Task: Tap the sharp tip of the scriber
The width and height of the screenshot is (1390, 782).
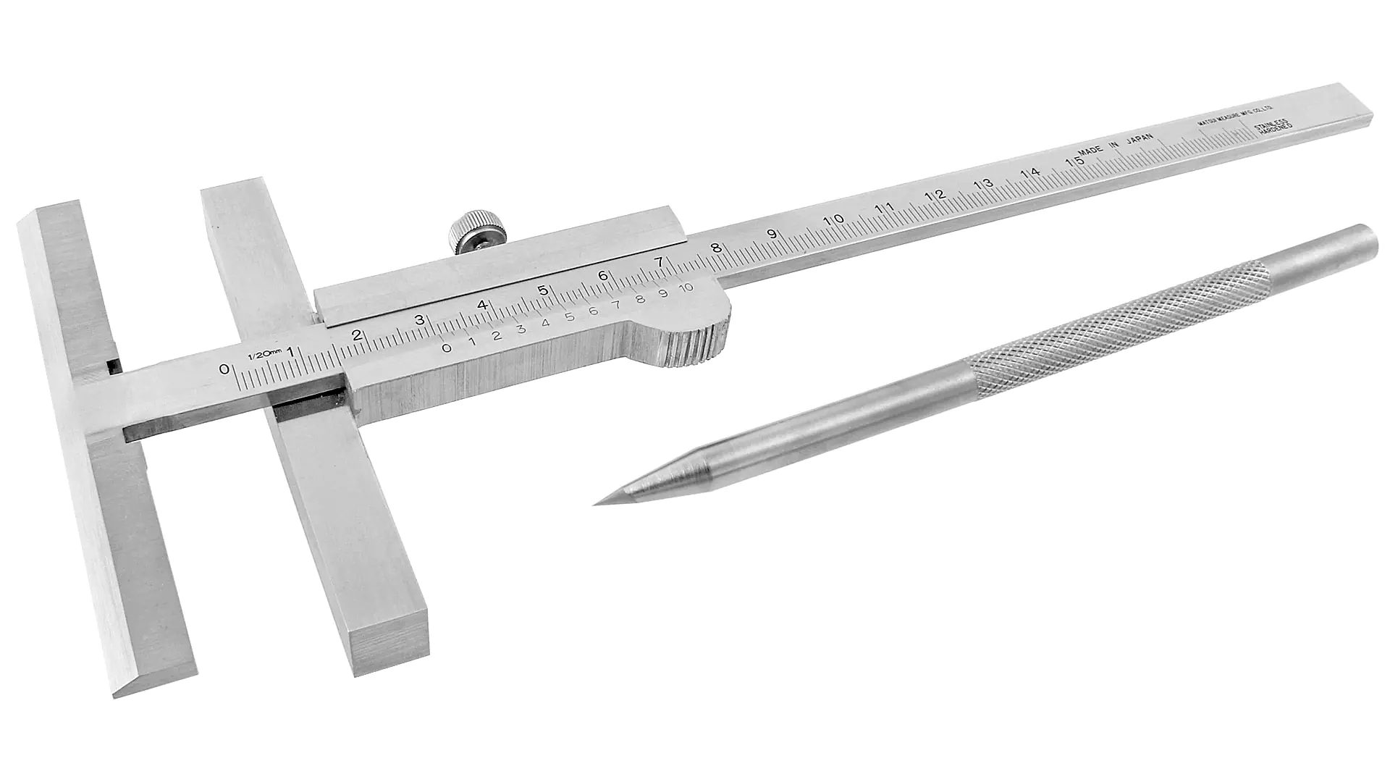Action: click(x=595, y=504)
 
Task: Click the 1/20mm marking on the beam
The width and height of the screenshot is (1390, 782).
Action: click(x=259, y=354)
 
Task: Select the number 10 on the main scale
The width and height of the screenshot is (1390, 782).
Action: click(x=834, y=220)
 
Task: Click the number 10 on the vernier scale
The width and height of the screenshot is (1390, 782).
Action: click(x=686, y=287)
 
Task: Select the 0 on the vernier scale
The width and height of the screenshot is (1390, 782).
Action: click(x=447, y=348)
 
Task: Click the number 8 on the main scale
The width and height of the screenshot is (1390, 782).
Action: click(x=715, y=248)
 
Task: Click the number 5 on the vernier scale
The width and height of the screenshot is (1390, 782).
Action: click(x=569, y=317)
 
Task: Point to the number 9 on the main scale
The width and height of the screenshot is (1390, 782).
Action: click(x=772, y=234)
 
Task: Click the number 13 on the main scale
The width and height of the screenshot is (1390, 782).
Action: click(x=982, y=184)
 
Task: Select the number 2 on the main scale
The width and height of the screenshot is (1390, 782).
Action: click(x=355, y=335)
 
